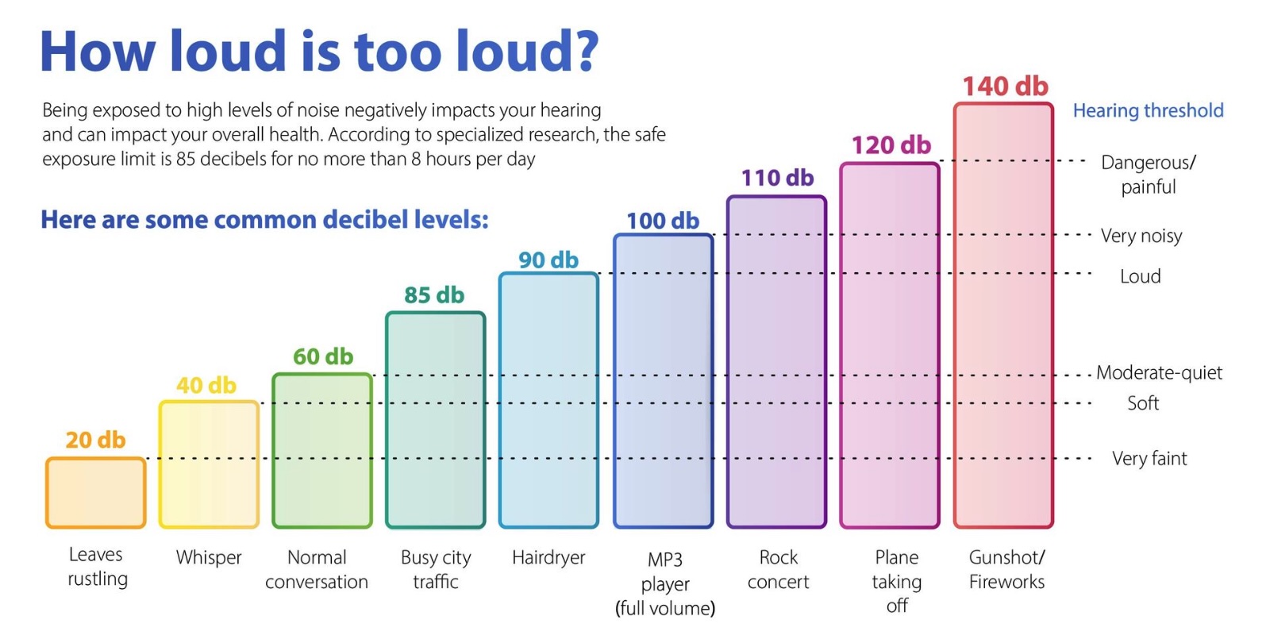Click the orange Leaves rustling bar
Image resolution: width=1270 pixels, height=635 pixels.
point(95,493)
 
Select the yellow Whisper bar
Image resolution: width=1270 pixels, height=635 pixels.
point(209,464)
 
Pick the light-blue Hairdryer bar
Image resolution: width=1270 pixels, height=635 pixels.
point(548,400)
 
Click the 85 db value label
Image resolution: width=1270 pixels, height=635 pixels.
point(434,295)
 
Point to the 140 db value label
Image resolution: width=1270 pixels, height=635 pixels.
point(1005,86)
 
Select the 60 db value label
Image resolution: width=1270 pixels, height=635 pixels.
point(322,356)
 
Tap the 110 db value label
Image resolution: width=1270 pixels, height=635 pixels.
point(777,178)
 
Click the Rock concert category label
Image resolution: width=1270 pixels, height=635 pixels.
point(778,569)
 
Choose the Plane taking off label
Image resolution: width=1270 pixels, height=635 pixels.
point(897,581)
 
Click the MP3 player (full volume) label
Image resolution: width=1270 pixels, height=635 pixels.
point(665,583)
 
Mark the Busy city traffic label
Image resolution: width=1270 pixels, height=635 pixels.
point(436,569)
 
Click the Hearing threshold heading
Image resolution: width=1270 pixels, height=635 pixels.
point(1148,110)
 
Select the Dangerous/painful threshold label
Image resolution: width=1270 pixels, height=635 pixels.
point(1148,175)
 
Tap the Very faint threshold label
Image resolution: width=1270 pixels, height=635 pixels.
point(1149,458)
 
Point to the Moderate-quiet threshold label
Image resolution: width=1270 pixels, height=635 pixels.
point(1159,372)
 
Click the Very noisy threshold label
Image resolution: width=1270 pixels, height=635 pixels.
point(1141,236)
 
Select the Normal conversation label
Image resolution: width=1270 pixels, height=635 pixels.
point(317,569)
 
